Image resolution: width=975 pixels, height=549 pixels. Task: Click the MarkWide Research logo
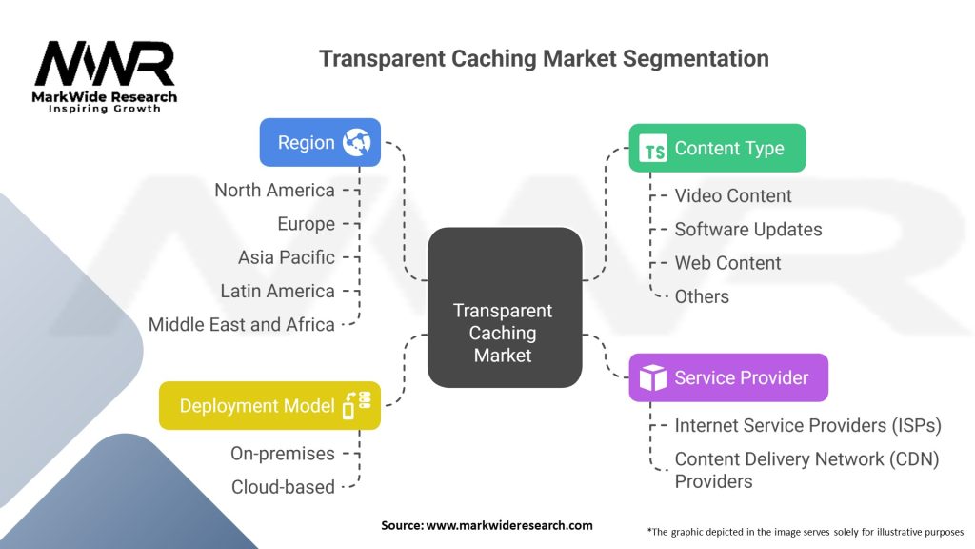(x=105, y=76)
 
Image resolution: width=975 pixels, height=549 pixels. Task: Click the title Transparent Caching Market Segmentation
(x=544, y=58)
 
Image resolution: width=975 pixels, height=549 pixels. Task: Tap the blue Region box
(x=320, y=143)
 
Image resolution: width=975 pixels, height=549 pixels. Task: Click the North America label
(x=274, y=190)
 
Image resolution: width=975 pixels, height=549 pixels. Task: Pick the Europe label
(x=306, y=224)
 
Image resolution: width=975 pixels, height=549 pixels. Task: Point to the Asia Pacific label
(x=286, y=257)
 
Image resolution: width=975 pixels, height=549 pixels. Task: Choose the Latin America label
(x=277, y=291)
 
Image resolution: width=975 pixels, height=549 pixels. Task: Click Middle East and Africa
(x=241, y=325)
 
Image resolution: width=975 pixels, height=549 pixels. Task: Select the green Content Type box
(x=717, y=149)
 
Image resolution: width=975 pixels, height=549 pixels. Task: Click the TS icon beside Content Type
(x=654, y=150)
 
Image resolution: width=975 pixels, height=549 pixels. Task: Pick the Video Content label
(x=733, y=196)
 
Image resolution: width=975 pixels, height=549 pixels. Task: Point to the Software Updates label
(x=747, y=230)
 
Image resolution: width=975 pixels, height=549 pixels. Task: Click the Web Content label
(x=727, y=263)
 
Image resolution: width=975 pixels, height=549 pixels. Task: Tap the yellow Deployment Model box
(x=269, y=406)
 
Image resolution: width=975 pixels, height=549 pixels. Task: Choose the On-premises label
(x=283, y=454)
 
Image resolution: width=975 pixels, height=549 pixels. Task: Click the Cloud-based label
(x=283, y=487)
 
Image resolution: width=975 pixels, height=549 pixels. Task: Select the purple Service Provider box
(x=728, y=377)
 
